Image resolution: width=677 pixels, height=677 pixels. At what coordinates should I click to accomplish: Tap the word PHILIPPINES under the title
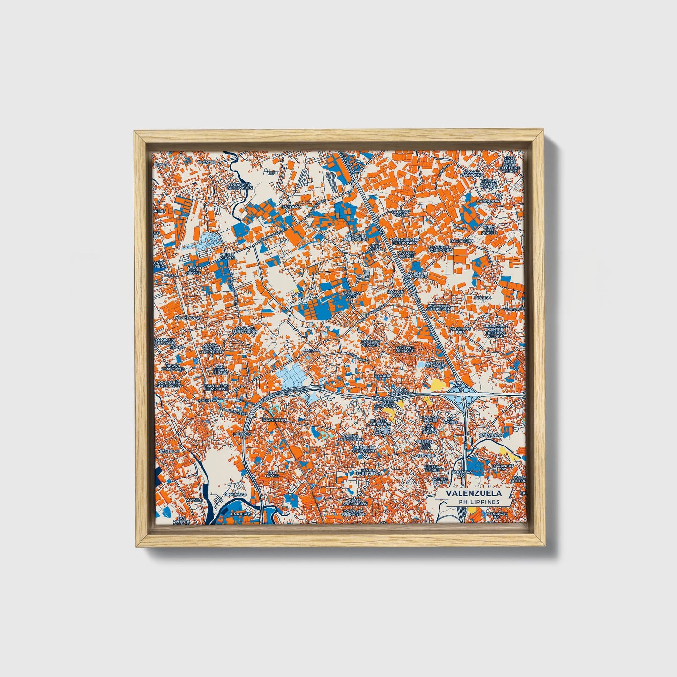pos(479,502)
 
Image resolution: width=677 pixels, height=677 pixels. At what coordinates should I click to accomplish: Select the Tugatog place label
pos(206,162)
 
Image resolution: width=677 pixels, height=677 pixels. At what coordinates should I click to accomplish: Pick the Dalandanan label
pos(187,317)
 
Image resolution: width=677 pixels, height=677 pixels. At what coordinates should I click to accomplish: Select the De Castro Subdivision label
pos(438,307)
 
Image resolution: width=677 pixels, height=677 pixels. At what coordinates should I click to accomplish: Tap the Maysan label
pos(312,350)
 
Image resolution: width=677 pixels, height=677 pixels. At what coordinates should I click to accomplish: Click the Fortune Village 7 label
pos(435,364)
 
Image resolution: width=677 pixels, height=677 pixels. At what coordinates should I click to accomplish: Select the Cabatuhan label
pos(491,435)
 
